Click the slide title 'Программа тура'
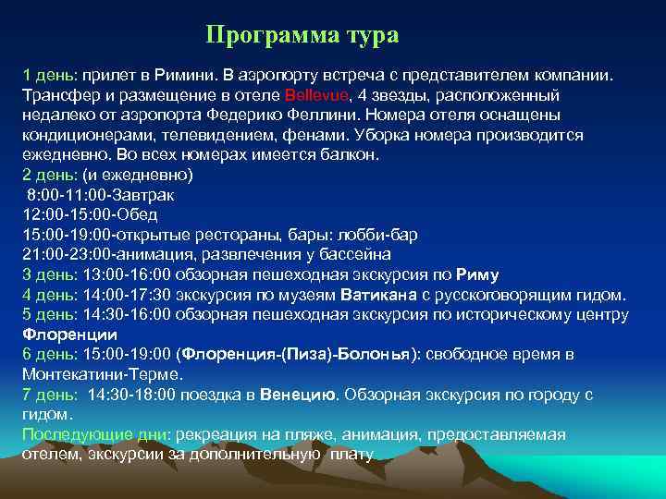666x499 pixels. tap(302, 36)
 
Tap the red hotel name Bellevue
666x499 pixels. tap(317, 95)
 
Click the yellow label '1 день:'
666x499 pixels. tap(51, 75)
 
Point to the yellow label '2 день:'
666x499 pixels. tap(51, 175)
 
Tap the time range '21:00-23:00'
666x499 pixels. tap(62, 254)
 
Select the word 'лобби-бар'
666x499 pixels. tap(382, 235)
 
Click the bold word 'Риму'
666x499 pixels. tap(477, 274)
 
